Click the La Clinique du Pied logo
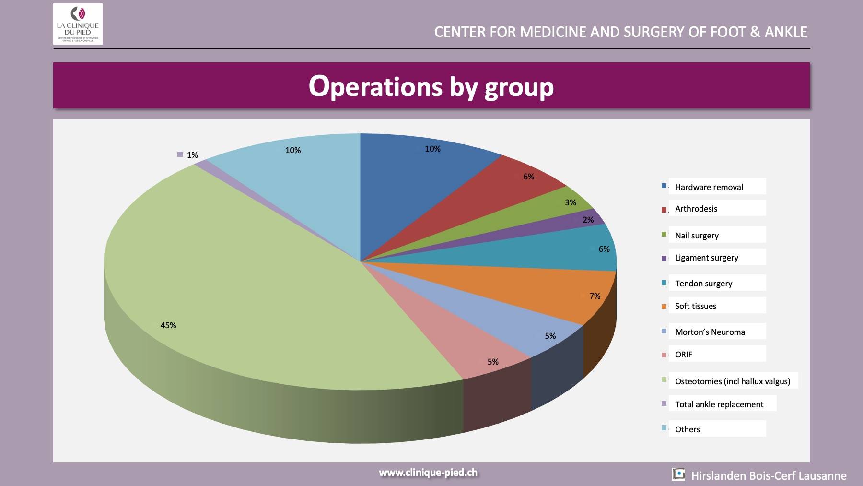[78, 24]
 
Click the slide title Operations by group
[431, 86]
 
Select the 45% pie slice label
[168, 325]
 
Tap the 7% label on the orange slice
[595, 296]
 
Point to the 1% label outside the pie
[192, 155]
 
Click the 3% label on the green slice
[570, 202]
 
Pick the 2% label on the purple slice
[588, 220]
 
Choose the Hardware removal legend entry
[709, 187]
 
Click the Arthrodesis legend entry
[696, 209]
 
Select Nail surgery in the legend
[697, 236]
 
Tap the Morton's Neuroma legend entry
[710, 332]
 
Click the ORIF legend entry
[684, 355]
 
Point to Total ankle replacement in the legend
[719, 404]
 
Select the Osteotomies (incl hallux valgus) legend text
[732, 381]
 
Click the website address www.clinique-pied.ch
[428, 473]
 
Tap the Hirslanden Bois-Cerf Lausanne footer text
[769, 476]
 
